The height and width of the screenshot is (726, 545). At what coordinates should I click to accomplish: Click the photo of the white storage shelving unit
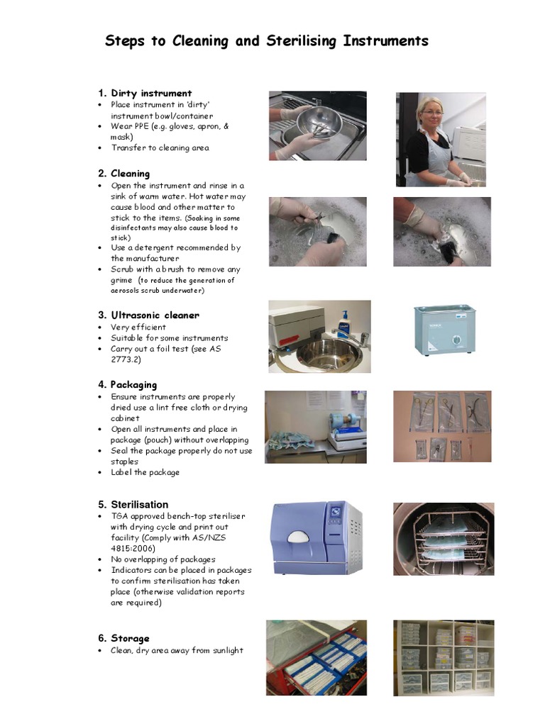(441, 657)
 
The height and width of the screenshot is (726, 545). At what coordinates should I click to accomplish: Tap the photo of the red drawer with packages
(316, 657)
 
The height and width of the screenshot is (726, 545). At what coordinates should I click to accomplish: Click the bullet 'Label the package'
(145, 472)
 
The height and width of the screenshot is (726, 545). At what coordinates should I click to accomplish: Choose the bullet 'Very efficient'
(138, 327)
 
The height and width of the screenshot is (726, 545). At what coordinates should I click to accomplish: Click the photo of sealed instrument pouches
(442, 426)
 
